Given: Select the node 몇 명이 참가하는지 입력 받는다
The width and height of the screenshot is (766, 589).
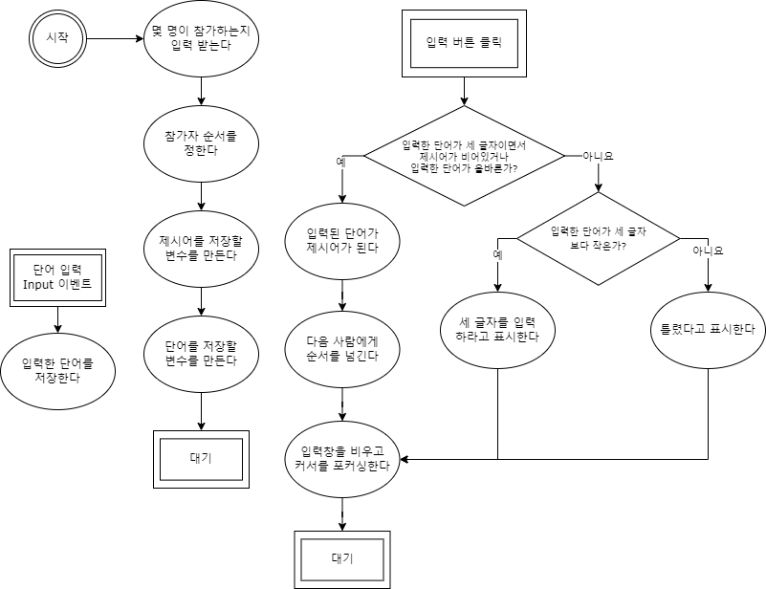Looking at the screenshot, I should (x=201, y=38).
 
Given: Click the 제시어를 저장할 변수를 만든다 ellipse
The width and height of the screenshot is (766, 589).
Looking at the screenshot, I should (x=201, y=249).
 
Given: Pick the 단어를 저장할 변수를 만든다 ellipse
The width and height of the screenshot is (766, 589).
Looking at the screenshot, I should (x=201, y=353).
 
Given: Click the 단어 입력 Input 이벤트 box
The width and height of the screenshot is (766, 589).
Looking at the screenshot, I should (x=56, y=277).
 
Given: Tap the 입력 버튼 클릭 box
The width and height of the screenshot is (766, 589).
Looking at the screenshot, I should (x=463, y=43).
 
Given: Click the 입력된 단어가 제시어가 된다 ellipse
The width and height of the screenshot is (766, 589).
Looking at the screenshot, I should (x=342, y=239).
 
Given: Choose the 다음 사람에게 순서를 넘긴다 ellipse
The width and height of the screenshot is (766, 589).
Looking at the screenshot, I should (x=342, y=348).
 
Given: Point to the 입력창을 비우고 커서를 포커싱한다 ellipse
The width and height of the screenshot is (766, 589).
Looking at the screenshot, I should (x=342, y=459).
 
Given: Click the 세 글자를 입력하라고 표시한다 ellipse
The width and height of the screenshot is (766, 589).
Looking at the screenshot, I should (x=498, y=329).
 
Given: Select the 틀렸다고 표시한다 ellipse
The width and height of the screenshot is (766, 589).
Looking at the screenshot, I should (x=708, y=329).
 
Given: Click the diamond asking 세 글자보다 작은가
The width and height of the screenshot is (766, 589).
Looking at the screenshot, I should (x=599, y=238).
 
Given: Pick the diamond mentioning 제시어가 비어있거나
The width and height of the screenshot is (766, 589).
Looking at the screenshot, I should (x=464, y=155).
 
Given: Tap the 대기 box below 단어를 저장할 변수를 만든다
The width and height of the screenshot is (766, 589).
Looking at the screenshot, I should (x=201, y=457).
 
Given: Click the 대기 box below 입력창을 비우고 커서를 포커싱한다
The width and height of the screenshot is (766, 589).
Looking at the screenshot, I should (x=341, y=557).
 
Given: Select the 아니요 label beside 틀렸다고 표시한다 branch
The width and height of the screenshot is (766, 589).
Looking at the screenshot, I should (x=708, y=251).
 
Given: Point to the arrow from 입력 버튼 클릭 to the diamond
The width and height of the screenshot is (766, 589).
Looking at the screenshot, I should (x=464, y=92).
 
